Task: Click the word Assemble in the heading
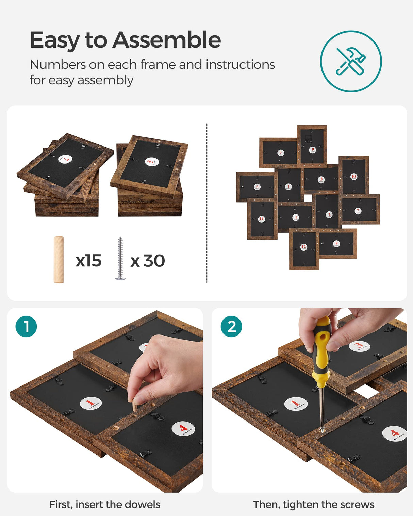pos(167,40)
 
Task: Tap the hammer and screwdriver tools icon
pos(351,61)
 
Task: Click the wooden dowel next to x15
pos(59,259)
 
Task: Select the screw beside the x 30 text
pos(120,259)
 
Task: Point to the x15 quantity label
pos(88,261)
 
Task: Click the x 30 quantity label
pos(148,261)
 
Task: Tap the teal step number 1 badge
pos(26,327)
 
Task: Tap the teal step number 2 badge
pos(231,327)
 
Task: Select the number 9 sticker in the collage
pos(312,150)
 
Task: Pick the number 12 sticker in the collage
pos(303,247)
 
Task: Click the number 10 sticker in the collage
pos(353,176)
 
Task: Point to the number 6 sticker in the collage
pos(257,187)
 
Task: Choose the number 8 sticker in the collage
pos(336,243)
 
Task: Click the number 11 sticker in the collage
pos(261,219)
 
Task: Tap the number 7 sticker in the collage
pos(358,211)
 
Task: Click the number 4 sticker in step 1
pos(183,429)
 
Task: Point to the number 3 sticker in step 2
pos(359,346)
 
